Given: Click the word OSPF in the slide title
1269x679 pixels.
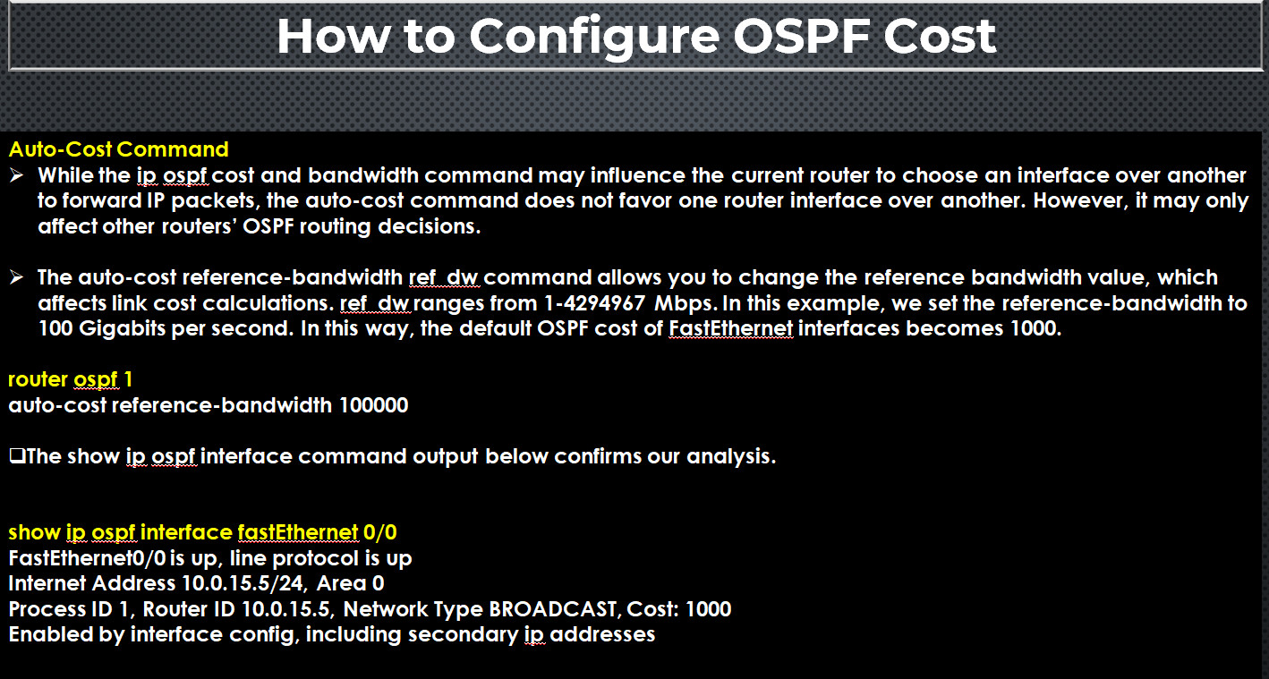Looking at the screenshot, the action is [x=802, y=37].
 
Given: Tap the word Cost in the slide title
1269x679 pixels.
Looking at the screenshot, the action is [x=940, y=37].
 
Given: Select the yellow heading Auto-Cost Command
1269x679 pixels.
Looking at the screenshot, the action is [x=118, y=149].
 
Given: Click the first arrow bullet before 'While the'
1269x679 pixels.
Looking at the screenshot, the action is [x=16, y=175].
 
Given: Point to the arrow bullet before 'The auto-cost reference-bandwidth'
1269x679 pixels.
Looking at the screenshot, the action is [x=16, y=277].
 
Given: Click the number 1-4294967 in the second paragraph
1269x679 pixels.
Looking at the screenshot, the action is [x=594, y=303].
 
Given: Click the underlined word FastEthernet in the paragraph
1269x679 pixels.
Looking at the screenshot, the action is [x=731, y=328].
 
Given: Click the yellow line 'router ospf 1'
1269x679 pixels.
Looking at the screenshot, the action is [x=70, y=380].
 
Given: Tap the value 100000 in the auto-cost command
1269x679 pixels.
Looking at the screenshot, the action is [x=374, y=405].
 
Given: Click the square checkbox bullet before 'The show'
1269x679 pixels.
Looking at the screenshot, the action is [x=17, y=456].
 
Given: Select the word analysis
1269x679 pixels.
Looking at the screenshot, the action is [x=731, y=457].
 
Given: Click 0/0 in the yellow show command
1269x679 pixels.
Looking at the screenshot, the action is [x=380, y=532].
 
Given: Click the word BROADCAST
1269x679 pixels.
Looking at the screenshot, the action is [x=553, y=609].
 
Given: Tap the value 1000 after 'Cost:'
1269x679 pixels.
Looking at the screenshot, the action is [x=709, y=609].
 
